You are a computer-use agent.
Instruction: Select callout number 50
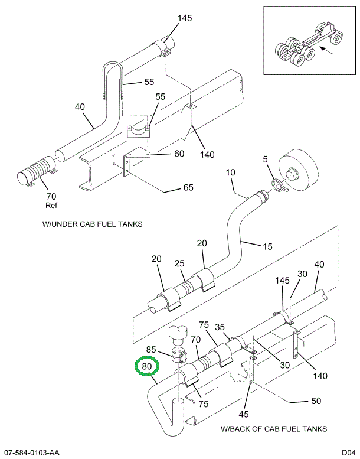pyautogui.click(x=316, y=401)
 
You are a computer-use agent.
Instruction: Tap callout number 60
pyautogui.click(x=178, y=154)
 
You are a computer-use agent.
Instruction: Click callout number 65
pyautogui.click(x=188, y=188)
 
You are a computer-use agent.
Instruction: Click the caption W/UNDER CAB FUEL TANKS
pyautogui.click(x=92, y=224)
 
